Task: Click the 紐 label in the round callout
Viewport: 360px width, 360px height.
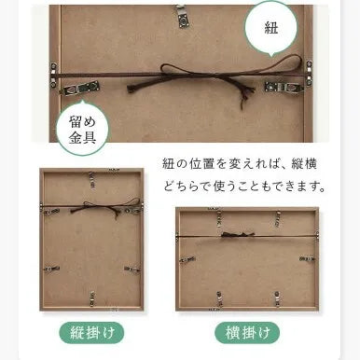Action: pos(270,28)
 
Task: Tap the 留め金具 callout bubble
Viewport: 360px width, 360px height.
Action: pos(83,129)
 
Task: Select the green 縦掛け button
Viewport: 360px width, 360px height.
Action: pos(91,333)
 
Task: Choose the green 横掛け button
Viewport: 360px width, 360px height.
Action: pos(247,333)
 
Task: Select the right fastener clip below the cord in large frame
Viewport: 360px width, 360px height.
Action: pos(284,87)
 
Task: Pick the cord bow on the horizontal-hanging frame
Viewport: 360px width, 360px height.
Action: pos(238,234)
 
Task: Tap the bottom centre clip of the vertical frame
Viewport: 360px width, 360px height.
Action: pos(92,297)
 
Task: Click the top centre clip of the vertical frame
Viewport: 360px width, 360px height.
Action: pos(91,179)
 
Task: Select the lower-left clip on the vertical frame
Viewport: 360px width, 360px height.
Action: pos(51,269)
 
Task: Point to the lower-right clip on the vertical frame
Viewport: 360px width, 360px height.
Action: pos(132,270)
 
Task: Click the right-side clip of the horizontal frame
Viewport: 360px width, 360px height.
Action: pos(307,258)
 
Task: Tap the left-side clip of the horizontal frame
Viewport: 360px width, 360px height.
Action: pos(187,259)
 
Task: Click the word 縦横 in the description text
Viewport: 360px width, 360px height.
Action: pos(304,164)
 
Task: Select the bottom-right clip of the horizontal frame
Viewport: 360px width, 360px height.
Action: pos(277,298)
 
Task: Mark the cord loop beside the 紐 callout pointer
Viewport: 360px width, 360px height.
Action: pos(282,63)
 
